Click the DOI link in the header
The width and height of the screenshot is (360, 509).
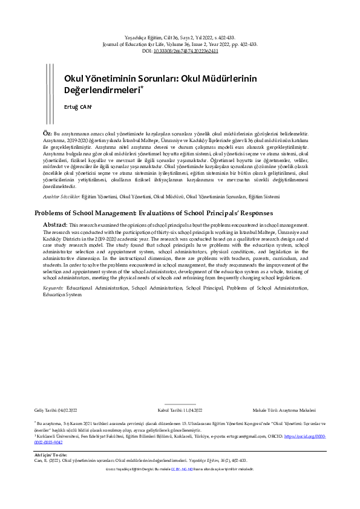tap(186, 51)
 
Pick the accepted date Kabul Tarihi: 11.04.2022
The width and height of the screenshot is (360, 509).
tap(180, 410)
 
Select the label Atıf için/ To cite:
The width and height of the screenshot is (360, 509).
tap(49, 455)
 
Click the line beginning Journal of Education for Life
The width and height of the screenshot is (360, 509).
tap(180, 44)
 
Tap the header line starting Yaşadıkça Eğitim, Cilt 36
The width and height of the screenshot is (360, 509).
tap(180, 37)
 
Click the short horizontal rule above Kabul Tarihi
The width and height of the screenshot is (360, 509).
tap(180, 404)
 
